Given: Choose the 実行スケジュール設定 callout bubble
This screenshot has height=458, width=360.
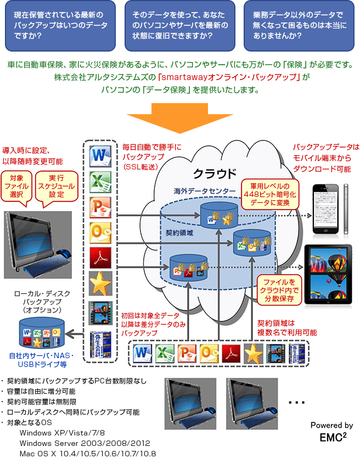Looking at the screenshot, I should (57, 186).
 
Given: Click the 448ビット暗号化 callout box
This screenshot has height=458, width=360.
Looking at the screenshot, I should (270, 194).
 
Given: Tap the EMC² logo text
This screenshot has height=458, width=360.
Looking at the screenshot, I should (333, 437).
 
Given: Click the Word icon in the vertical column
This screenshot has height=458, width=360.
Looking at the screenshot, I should (100, 156).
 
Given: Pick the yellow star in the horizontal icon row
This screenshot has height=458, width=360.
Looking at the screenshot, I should (253, 353).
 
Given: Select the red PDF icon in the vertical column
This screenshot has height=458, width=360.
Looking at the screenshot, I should (100, 257).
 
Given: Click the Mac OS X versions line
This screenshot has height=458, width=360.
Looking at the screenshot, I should (87, 453).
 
